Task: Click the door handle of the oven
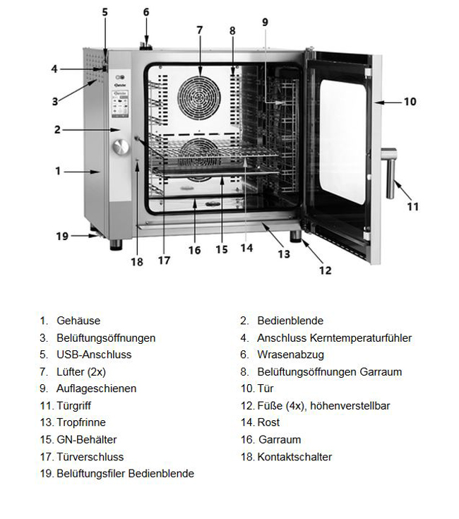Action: coord(389,172)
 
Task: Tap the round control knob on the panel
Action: coord(121,147)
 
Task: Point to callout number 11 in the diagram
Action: coord(413,206)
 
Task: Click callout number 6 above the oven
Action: coord(146,12)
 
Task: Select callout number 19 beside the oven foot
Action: coord(61,236)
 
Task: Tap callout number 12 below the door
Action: coord(325,270)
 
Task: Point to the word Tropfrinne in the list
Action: coord(81,422)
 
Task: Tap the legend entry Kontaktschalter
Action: coord(294,457)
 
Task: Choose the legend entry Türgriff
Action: coord(74,405)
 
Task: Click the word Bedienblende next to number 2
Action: coord(290,321)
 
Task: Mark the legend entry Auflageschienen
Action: coord(97,388)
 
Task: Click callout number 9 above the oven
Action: coord(266,22)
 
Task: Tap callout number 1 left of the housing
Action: coord(59,171)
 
